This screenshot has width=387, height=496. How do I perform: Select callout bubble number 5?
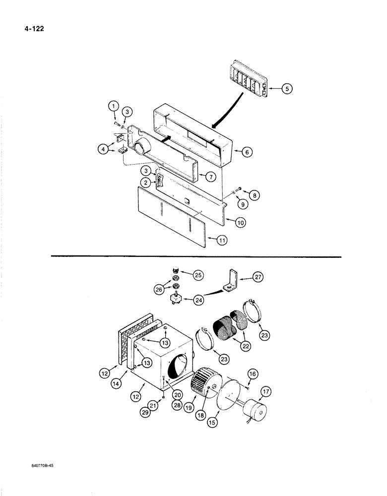tap(287, 89)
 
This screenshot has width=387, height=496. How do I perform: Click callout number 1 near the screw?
tap(113, 106)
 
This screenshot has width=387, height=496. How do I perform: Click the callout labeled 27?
tap(258, 279)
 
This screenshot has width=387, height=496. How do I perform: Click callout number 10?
tap(240, 223)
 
